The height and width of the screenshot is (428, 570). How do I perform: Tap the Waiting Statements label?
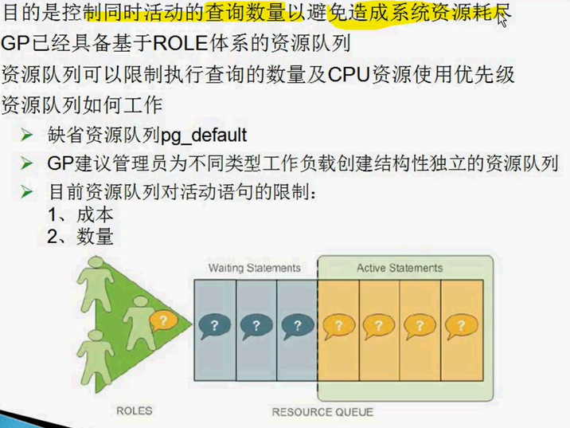tap(255, 268)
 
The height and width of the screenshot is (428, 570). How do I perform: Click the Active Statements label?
tap(400, 268)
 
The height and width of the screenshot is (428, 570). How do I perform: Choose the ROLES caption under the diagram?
tap(134, 410)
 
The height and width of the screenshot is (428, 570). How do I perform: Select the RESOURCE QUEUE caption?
tap(322, 411)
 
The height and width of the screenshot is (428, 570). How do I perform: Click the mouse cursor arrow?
tap(502, 18)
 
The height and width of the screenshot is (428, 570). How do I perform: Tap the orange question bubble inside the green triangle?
tap(162, 321)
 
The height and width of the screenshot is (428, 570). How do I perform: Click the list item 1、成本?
tap(80, 214)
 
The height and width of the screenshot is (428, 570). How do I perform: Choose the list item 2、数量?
tap(80, 236)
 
